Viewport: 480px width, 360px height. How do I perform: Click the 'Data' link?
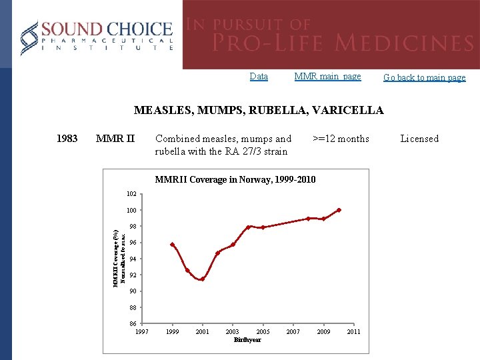pyautogui.click(x=259, y=77)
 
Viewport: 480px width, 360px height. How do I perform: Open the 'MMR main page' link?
pyautogui.click(x=327, y=77)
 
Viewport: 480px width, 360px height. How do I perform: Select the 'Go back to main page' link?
pyautogui.click(x=424, y=77)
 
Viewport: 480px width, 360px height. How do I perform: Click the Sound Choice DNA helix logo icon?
pyautogui.click(x=29, y=37)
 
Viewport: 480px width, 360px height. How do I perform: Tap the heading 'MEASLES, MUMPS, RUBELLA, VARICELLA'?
pyautogui.click(x=259, y=111)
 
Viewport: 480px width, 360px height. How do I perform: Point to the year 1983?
pyautogui.click(x=67, y=139)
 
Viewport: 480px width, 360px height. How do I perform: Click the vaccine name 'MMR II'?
pyautogui.click(x=115, y=139)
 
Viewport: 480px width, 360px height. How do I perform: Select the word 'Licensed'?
pyautogui.click(x=419, y=139)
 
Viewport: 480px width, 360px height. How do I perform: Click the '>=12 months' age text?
pyautogui.click(x=341, y=139)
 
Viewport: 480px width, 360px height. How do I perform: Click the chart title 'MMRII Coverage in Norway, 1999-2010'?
pyautogui.click(x=235, y=180)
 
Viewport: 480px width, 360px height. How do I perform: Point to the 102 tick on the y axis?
pyautogui.click(x=131, y=194)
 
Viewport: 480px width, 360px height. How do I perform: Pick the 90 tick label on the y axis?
pyautogui.click(x=133, y=291)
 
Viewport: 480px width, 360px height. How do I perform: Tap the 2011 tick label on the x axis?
pyautogui.click(x=353, y=331)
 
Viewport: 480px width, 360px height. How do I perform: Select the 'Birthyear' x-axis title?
pyautogui.click(x=247, y=340)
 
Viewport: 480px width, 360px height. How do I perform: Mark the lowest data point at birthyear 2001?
pyautogui.click(x=202, y=279)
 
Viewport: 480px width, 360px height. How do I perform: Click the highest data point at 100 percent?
pyautogui.click(x=339, y=210)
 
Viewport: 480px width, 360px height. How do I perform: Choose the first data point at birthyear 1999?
pyautogui.click(x=172, y=245)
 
